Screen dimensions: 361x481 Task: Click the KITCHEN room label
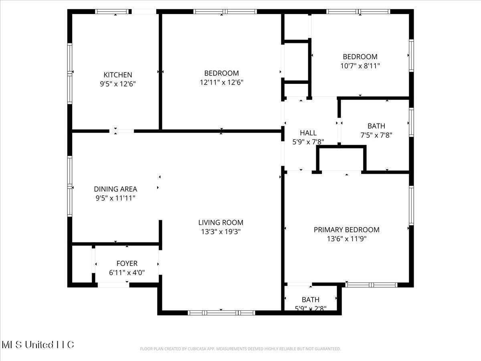pyautogui.click(x=117, y=75)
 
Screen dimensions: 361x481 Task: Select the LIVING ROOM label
pyautogui.click(x=220, y=223)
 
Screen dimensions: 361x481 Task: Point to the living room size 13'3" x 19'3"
pyautogui.click(x=220, y=232)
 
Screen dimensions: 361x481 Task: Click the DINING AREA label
pyautogui.click(x=115, y=189)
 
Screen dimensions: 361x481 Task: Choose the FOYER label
pyautogui.click(x=127, y=264)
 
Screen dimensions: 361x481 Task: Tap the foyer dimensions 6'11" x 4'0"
pyautogui.click(x=127, y=273)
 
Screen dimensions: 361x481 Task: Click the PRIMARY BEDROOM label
pyautogui.click(x=346, y=230)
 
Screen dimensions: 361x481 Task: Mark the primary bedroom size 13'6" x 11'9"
pyautogui.click(x=346, y=239)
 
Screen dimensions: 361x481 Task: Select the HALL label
pyautogui.click(x=308, y=133)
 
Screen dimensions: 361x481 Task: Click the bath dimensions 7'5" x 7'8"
pyautogui.click(x=376, y=136)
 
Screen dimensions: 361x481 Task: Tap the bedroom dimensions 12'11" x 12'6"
pyautogui.click(x=221, y=83)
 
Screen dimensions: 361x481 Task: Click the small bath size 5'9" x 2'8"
pyautogui.click(x=310, y=308)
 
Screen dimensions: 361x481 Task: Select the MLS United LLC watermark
pyautogui.click(x=38, y=345)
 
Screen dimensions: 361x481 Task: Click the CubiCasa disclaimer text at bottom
pyautogui.click(x=240, y=349)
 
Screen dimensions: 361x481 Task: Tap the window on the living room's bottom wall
pyautogui.click(x=221, y=312)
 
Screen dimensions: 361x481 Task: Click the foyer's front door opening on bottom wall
pyautogui.click(x=113, y=285)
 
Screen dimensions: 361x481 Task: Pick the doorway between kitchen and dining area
pyautogui.click(x=122, y=131)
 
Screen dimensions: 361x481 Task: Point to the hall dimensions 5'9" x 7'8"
pyautogui.click(x=308, y=142)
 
